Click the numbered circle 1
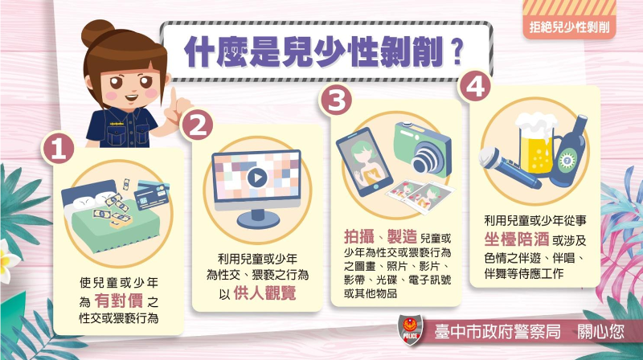tap(58, 149)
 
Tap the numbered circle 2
tap(196, 125)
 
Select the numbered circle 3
tap(336, 100)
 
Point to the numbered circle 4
tap(475, 86)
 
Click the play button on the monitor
tap(257, 178)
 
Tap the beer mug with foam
tap(536, 143)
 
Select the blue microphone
tap(509, 168)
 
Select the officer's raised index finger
tap(174, 97)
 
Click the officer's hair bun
tap(96, 34)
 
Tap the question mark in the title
tap(457, 51)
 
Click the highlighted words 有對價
tap(119, 301)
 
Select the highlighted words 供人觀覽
tap(264, 292)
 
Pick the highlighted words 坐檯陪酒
tap(515, 239)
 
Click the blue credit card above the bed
tap(151, 196)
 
